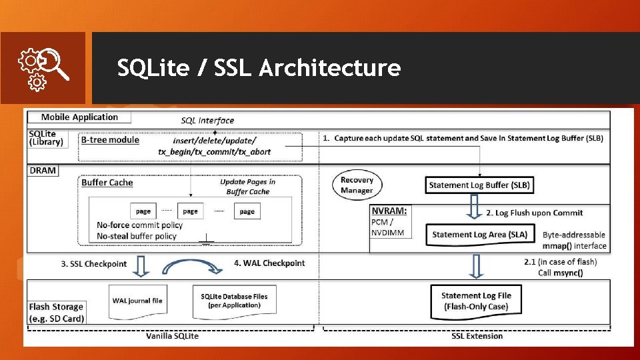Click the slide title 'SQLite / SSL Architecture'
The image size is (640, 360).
(x=259, y=68)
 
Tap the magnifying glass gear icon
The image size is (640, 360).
(x=42, y=67)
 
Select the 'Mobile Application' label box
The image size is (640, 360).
(x=79, y=117)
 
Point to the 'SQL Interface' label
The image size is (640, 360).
(x=207, y=121)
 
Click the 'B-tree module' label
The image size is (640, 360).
(x=110, y=139)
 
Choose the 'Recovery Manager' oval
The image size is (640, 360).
(x=357, y=185)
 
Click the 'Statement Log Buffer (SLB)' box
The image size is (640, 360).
(x=479, y=185)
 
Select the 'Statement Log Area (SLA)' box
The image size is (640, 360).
(x=479, y=234)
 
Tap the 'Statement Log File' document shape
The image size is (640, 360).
(x=476, y=301)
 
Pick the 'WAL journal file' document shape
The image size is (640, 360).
(x=137, y=301)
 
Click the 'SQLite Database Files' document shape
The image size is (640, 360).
(x=234, y=301)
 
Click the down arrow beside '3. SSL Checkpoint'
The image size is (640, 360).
(x=142, y=265)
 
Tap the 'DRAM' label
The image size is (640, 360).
(x=43, y=171)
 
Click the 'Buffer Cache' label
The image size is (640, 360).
(x=107, y=183)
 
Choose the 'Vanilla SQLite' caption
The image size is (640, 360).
(x=172, y=336)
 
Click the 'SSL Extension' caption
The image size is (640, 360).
(x=477, y=336)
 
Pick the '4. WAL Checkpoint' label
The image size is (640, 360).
(x=269, y=263)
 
